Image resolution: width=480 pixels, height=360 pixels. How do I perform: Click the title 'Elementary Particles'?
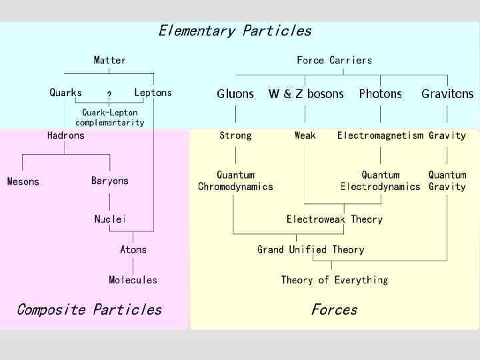tap(235, 31)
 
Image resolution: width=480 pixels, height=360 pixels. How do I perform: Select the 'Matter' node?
tap(109, 60)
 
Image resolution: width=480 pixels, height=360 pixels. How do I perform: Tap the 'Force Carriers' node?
tap(334, 60)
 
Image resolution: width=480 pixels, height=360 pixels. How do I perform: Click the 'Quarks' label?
tap(66, 93)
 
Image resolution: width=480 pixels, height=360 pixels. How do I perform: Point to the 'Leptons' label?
tap(153, 93)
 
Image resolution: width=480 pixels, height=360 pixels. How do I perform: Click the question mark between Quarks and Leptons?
tap(109, 95)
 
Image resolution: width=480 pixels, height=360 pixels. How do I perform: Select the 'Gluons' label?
tap(235, 94)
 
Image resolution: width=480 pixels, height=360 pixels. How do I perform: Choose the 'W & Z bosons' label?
tap(306, 94)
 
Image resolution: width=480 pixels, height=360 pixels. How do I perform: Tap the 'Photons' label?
tap(380, 94)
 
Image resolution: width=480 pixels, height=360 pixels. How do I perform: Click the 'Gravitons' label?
tap(447, 94)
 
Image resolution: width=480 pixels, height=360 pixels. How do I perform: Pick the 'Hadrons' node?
tap(66, 135)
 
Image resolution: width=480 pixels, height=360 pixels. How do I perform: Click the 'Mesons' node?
tap(23, 181)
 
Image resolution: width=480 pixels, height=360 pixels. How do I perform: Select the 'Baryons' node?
tap(110, 181)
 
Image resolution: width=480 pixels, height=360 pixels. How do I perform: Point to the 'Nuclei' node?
tap(110, 219)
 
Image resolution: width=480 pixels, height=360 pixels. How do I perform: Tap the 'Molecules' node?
tap(133, 280)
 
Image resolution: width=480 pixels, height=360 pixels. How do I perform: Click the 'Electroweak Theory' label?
tap(334, 219)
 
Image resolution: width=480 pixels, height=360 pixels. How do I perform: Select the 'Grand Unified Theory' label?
tap(311, 249)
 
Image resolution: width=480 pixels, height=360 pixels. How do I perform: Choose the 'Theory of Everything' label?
tap(334, 280)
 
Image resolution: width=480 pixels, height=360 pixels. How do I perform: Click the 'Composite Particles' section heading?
tap(89, 309)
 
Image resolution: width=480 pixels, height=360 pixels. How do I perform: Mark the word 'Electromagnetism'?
tap(380, 135)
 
